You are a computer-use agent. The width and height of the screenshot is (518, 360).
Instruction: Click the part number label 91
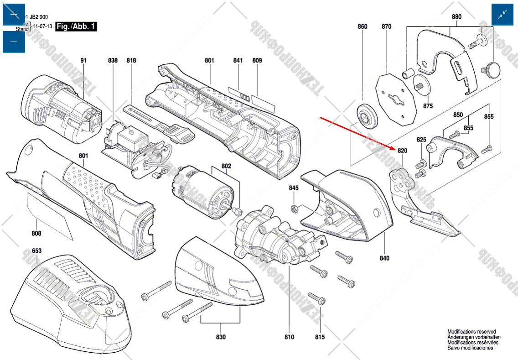(x=83, y=60)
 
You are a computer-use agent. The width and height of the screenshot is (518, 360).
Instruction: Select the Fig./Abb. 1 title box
(x=76, y=27)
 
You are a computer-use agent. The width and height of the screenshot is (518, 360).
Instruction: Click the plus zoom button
(x=14, y=14)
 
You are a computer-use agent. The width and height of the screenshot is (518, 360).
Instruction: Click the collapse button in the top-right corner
(x=502, y=14)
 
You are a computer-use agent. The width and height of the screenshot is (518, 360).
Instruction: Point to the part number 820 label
(x=402, y=151)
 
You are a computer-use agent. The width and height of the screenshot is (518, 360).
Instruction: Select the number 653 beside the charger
(x=37, y=251)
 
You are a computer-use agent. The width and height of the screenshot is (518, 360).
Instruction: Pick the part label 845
(x=294, y=188)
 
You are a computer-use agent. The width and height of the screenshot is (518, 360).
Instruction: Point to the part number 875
(x=428, y=106)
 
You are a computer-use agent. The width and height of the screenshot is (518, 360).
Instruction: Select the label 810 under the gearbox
(x=289, y=337)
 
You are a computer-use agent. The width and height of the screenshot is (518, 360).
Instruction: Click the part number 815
(x=320, y=337)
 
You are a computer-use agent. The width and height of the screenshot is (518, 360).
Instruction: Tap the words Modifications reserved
(x=471, y=332)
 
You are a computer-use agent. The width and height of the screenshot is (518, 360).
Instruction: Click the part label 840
(x=384, y=258)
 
